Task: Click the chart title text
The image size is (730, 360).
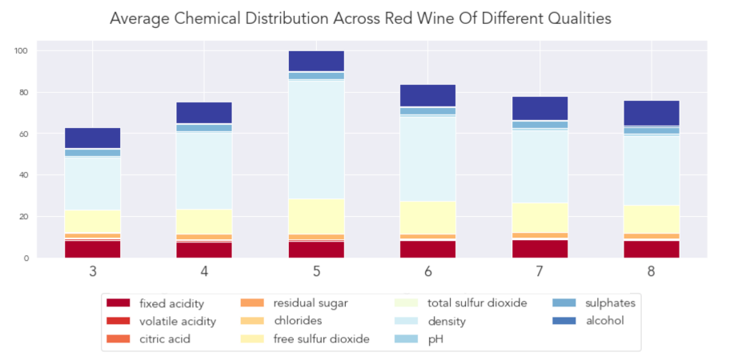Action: coord(360,18)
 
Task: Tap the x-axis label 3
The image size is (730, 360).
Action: coord(93,272)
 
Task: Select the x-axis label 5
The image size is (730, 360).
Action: coord(316,272)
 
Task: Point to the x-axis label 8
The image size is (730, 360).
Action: coord(652,272)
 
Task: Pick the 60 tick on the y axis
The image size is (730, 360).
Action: coord(23,134)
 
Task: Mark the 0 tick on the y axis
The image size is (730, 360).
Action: coord(26,258)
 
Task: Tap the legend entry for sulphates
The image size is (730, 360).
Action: coord(601,303)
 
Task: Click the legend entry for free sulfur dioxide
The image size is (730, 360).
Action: coord(321,338)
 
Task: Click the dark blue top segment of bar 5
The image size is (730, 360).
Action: coord(316,61)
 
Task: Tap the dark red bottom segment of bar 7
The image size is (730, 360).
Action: coord(539,249)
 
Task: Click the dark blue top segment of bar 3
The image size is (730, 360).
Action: coord(93,138)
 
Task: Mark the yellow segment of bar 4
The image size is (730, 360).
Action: coord(204,222)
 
